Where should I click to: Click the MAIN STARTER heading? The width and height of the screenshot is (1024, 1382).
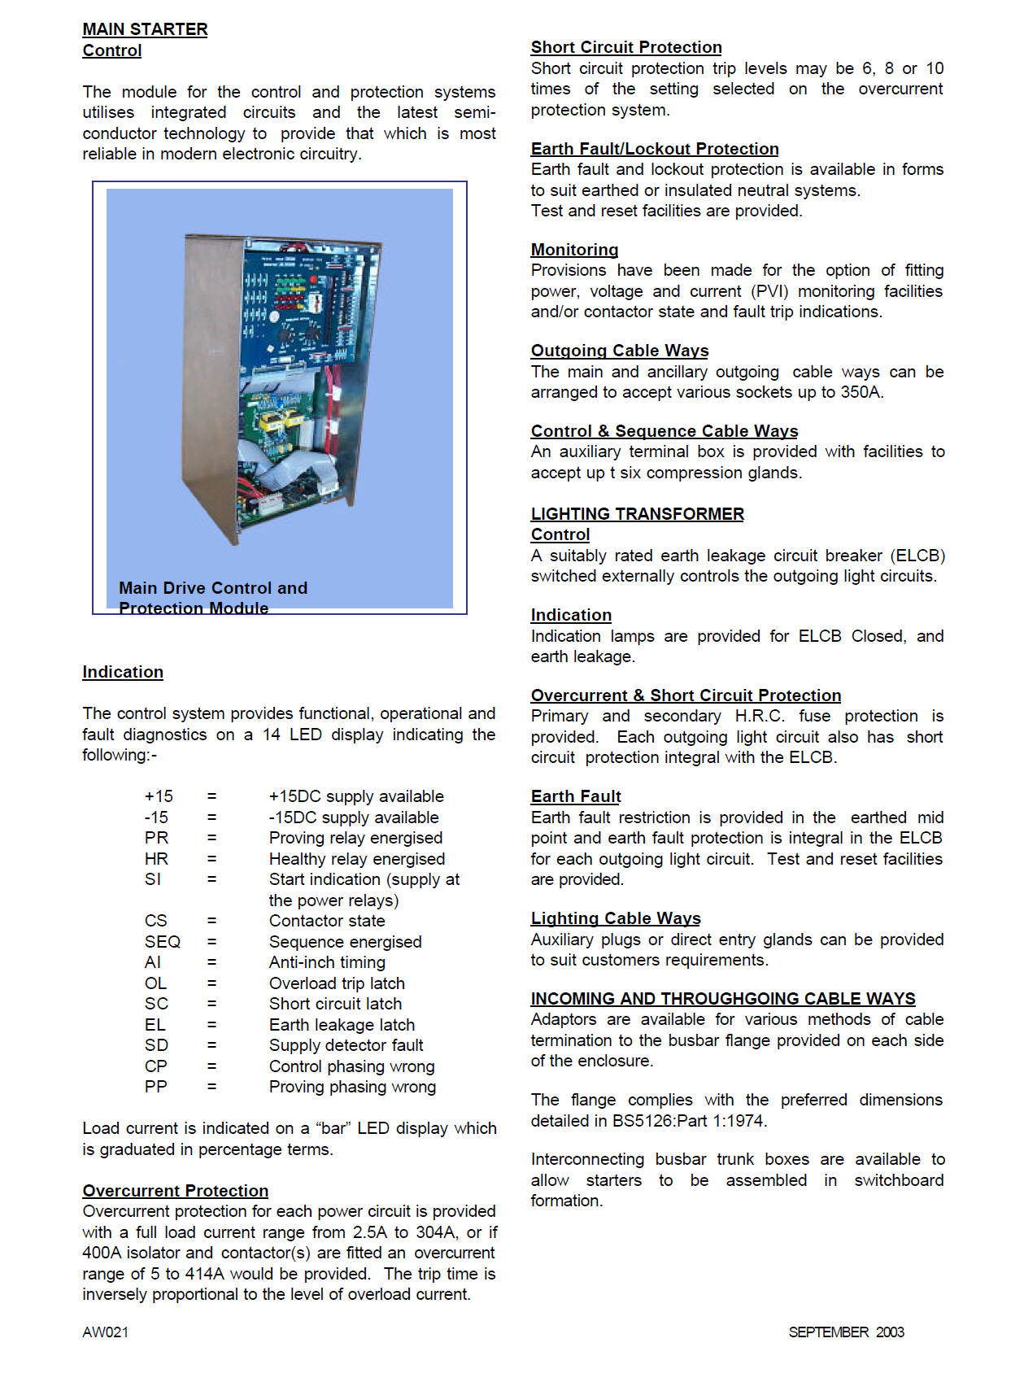pyautogui.click(x=145, y=29)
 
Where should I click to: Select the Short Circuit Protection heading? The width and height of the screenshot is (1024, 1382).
pyautogui.click(x=626, y=47)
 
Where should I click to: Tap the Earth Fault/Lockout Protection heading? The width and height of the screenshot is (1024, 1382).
pyautogui.click(x=655, y=149)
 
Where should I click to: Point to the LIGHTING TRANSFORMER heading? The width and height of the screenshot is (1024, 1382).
pyautogui.click(x=637, y=514)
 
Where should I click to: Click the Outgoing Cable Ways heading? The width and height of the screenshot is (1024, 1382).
pyautogui.click(x=620, y=351)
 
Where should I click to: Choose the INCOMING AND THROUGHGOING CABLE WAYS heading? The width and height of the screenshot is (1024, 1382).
pyautogui.click(x=723, y=999)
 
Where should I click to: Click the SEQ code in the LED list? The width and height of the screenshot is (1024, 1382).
pyautogui.click(x=163, y=942)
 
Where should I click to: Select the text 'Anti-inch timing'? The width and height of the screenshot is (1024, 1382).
pyautogui.click(x=327, y=962)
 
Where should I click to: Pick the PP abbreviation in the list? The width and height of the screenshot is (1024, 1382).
pyautogui.click(x=156, y=1087)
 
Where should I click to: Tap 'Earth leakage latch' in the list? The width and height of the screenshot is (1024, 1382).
pyautogui.click(x=342, y=1025)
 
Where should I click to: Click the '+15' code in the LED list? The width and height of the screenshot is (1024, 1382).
pyautogui.click(x=159, y=796)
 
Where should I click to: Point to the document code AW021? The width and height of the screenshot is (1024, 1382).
pyautogui.click(x=105, y=1332)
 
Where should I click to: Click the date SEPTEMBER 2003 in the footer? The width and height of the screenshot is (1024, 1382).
pyautogui.click(x=846, y=1332)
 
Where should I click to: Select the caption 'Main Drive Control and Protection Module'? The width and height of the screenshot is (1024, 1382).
pyautogui.click(x=213, y=598)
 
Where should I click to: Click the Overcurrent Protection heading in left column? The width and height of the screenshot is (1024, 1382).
pyautogui.click(x=175, y=1191)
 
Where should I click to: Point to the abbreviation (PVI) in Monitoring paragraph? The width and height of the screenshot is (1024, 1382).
pyautogui.click(x=769, y=291)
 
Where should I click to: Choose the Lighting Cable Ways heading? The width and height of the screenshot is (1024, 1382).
pyautogui.click(x=616, y=918)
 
